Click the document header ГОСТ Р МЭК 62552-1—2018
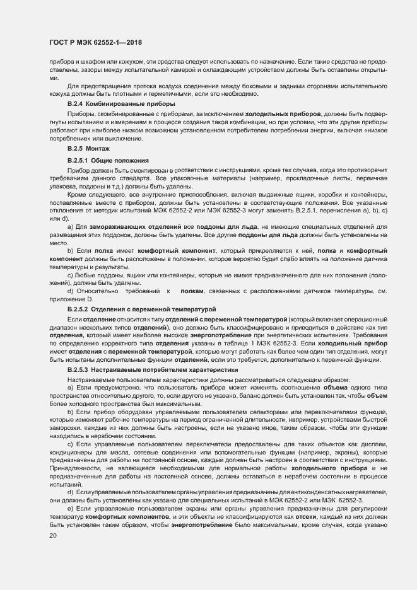tap(95, 43)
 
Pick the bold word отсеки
tap(276, 518)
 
